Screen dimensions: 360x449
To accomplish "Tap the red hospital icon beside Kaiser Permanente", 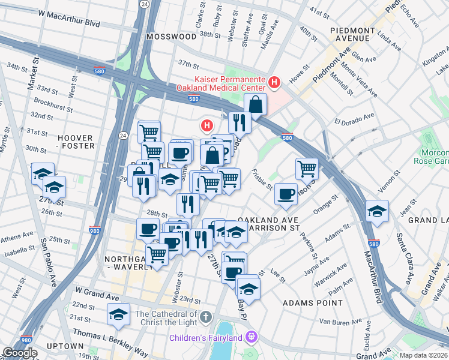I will point(274,82).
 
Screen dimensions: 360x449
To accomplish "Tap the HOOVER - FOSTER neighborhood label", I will point(75,142).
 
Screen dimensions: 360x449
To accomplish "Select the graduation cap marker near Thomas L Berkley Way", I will point(119,314).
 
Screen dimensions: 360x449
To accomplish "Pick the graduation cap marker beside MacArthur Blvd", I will point(376,211).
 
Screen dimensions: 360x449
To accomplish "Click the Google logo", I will point(20,353).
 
